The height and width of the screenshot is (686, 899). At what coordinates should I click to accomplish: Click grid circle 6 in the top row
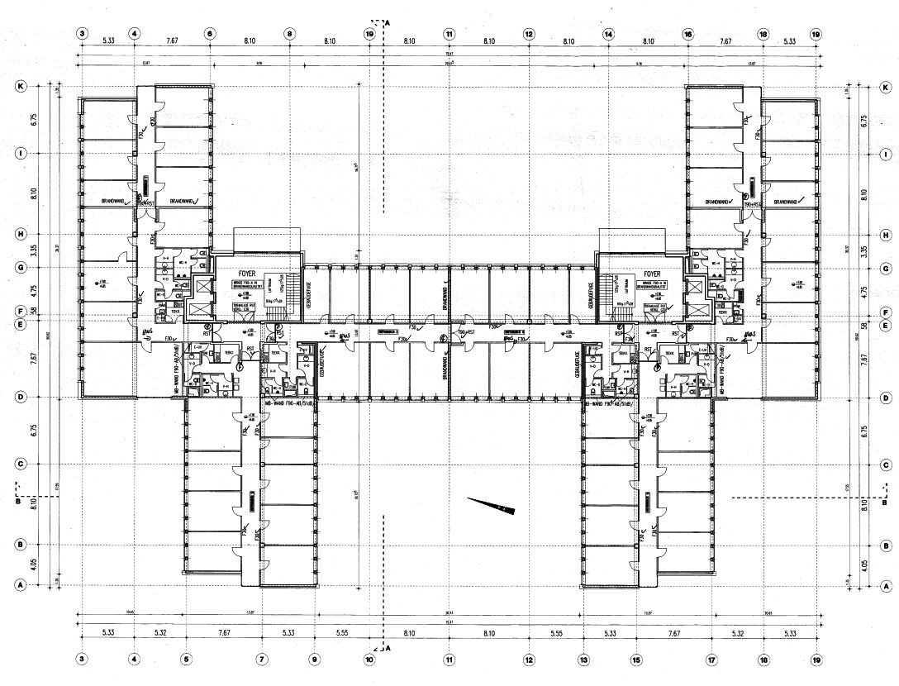point(210,34)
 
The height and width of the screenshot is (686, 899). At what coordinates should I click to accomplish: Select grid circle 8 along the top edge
point(289,34)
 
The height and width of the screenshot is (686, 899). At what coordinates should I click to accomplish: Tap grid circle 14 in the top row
point(608,34)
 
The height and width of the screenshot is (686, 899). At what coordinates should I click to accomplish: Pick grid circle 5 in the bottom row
point(186,659)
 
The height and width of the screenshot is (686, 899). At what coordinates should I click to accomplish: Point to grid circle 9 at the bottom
point(314,659)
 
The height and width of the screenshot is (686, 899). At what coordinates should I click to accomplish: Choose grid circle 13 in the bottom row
point(583,659)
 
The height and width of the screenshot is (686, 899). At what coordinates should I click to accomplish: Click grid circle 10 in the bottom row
point(369,659)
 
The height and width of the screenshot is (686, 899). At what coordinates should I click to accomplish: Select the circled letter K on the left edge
point(21,86)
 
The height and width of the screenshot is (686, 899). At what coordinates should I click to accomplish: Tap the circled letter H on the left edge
point(21,233)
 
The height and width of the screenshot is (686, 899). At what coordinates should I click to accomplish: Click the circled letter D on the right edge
point(885,398)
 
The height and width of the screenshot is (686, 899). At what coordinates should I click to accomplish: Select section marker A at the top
point(381,22)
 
